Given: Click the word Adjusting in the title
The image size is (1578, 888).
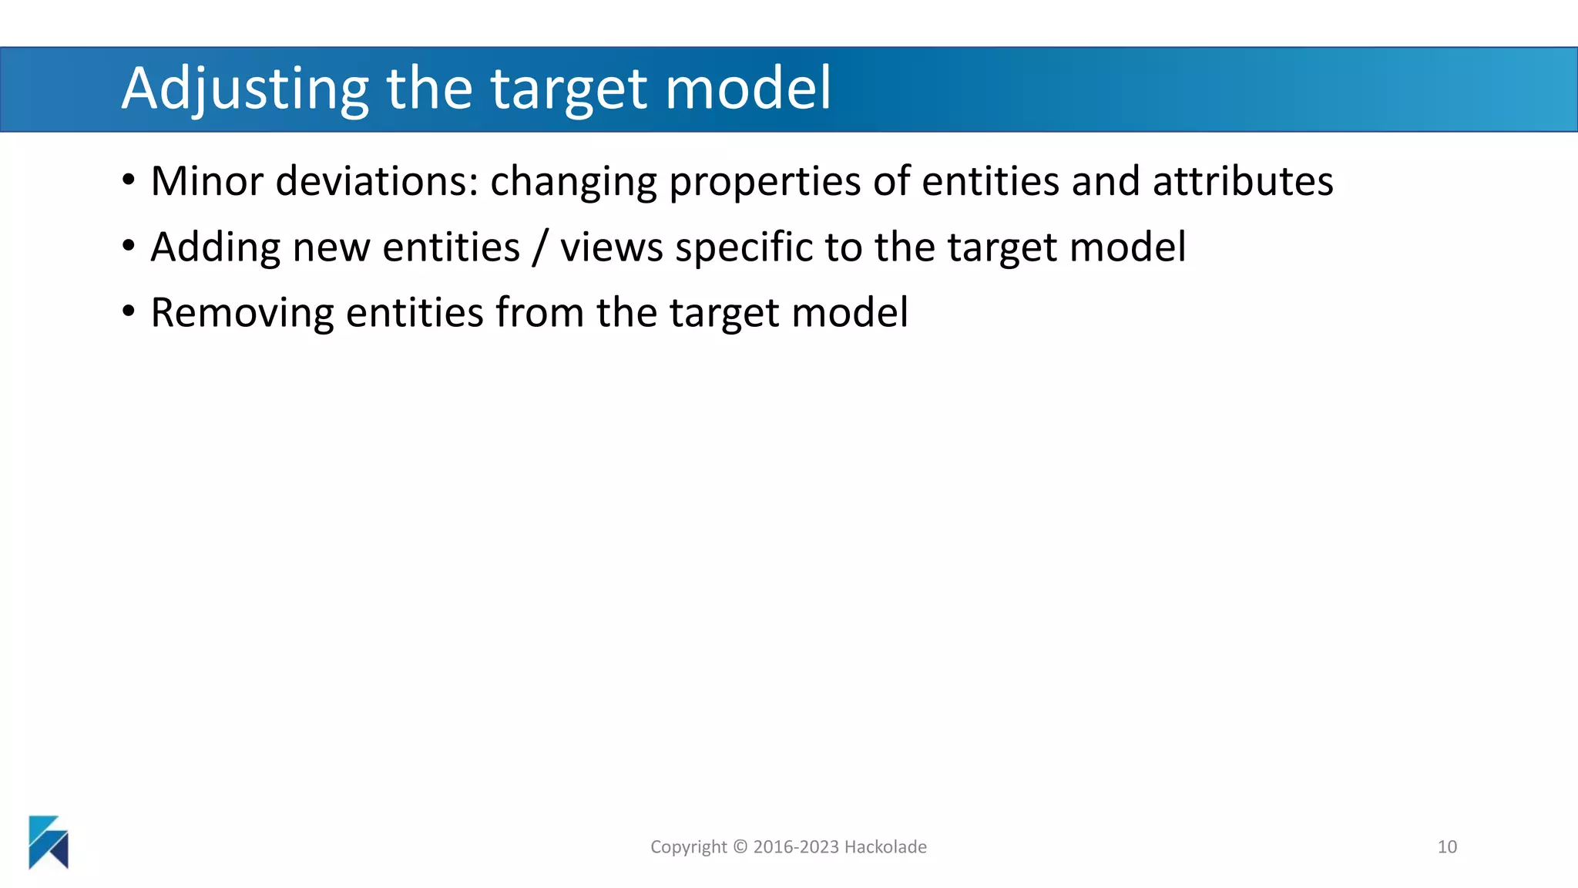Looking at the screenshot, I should pyautogui.click(x=245, y=89).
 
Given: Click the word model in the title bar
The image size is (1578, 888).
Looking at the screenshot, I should pyautogui.click(x=748, y=88).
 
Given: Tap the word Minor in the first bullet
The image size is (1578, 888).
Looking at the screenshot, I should pyautogui.click(x=206, y=182).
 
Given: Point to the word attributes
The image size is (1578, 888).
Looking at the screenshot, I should pyautogui.click(x=1243, y=182).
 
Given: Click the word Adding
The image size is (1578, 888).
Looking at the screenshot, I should pyautogui.click(x=215, y=248).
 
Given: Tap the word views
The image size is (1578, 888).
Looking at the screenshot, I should pyautogui.click(x=611, y=248).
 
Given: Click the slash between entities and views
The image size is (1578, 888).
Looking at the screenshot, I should pyautogui.click(x=539, y=248).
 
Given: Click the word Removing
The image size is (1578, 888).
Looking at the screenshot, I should pyautogui.click(x=242, y=314).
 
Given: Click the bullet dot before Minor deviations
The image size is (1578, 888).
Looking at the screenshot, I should pyautogui.click(x=129, y=181).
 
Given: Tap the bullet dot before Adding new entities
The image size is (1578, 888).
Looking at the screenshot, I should pyautogui.click(x=129, y=247).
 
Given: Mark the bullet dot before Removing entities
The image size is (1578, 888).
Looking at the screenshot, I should pyautogui.click(x=129, y=312).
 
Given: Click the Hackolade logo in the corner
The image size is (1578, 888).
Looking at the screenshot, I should pyautogui.click(x=49, y=842).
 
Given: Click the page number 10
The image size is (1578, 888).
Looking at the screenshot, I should pyautogui.click(x=1447, y=846).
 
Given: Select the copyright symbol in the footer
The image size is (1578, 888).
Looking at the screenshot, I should pyautogui.click(x=740, y=846).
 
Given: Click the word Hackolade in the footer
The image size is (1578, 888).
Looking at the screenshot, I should pyautogui.click(x=885, y=846).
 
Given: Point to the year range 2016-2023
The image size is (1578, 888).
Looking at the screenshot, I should pyautogui.click(x=796, y=846).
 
